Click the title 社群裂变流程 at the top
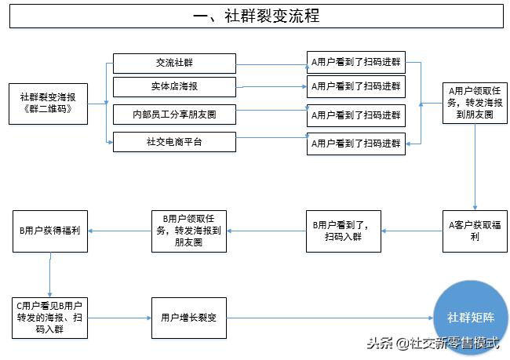tap(256, 16)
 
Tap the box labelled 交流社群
tap(174, 64)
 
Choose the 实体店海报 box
tap(174, 86)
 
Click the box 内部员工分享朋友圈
tap(174, 115)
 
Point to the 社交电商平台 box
tap(174, 142)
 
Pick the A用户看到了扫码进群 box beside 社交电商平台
tap(355, 144)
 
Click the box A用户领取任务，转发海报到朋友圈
tap(474, 102)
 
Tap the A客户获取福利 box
tap(474, 231)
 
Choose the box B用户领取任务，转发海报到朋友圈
tap(188, 231)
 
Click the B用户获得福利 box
tap(50, 231)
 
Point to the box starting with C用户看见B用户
tap(50, 318)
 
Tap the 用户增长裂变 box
tap(188, 318)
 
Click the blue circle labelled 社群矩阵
tap(469, 318)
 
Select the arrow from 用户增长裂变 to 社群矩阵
tap(330, 318)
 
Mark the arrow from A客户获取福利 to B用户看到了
tap(413, 231)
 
